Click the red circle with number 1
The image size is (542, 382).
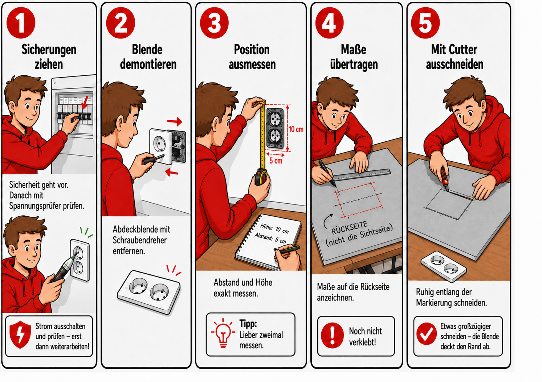[x=21, y=23]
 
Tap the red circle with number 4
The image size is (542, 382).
[x=329, y=23]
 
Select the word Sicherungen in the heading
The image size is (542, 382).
[x=49, y=50]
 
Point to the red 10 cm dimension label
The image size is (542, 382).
[x=296, y=129]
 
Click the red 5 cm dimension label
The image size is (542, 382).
[x=276, y=161]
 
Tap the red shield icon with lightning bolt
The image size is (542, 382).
[x=20, y=335]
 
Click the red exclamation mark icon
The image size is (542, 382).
[x=332, y=335]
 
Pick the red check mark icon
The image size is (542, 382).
[x=427, y=334]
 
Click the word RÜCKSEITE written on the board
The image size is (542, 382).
[x=349, y=228]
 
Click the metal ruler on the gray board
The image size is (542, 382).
[x=362, y=175]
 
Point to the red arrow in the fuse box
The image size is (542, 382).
[x=85, y=103]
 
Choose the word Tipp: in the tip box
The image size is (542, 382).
[x=248, y=324]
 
